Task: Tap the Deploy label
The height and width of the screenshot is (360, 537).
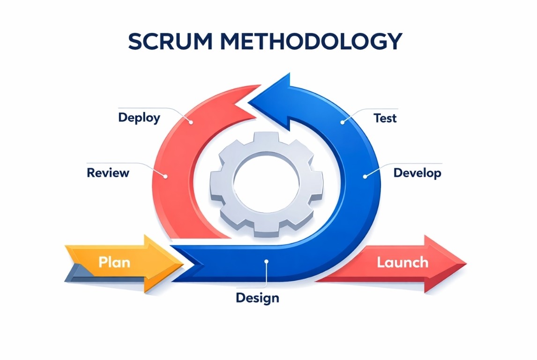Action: [139, 117]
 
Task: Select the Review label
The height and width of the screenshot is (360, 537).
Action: [108, 172]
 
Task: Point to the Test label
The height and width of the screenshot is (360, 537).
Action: [385, 118]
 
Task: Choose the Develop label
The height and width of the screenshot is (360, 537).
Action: [417, 172]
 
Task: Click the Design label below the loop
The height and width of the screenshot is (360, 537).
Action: [257, 297]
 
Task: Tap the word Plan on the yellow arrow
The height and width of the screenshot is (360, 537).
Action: [114, 262]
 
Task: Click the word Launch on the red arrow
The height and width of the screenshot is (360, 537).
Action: [403, 262]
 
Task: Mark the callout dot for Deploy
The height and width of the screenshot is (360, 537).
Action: [191, 122]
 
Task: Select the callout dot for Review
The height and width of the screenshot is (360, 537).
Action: [164, 176]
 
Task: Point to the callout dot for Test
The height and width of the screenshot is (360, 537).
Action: [343, 122]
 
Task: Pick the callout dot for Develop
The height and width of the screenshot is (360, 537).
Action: [365, 177]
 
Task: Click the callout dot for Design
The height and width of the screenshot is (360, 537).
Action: [266, 262]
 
